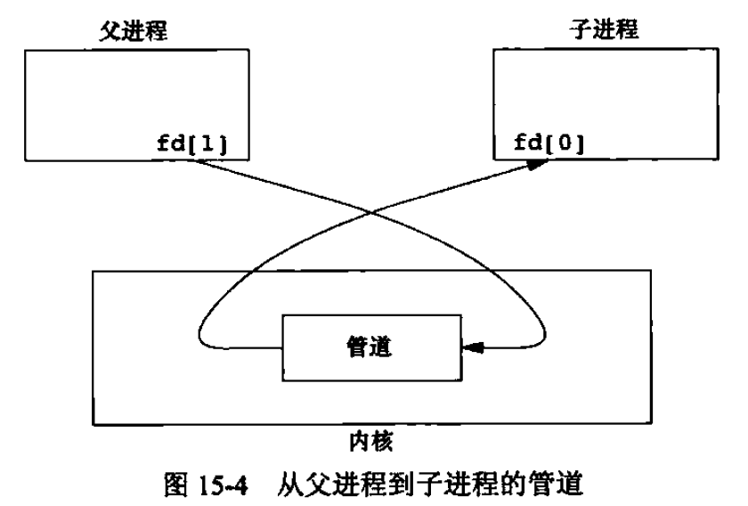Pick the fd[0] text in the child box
[545, 142]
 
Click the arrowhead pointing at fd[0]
[535, 165]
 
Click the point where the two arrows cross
[374, 211]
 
